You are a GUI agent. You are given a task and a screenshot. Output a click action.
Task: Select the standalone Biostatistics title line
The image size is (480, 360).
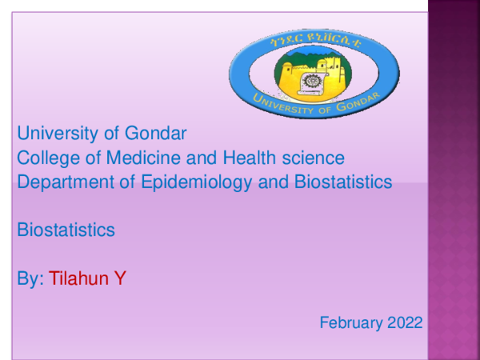point(66,230)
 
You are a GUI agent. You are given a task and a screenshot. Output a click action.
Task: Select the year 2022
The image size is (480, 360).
point(405,323)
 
